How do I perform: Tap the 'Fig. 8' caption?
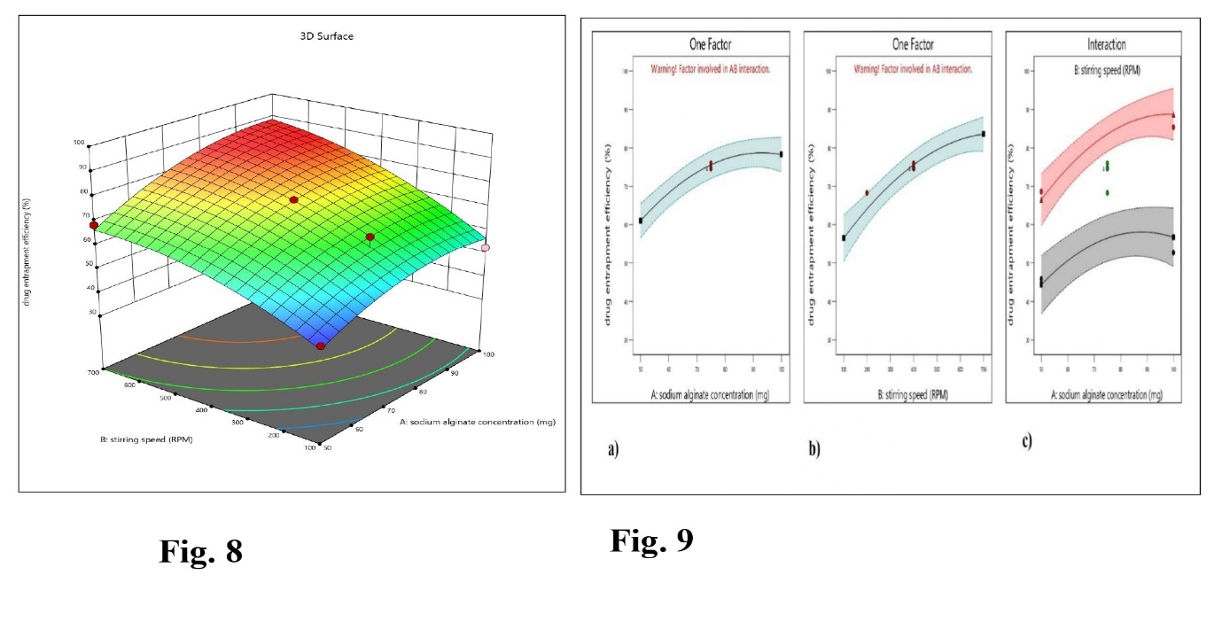[x=200, y=551]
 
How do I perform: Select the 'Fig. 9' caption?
[x=650, y=540]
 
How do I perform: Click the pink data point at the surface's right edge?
[x=486, y=248]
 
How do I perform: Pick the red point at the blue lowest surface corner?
[x=320, y=346]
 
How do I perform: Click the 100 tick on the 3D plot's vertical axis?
[x=79, y=142]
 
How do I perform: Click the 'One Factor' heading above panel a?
[x=710, y=43]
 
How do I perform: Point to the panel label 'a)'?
[x=612, y=449]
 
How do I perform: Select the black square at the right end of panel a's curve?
[x=781, y=154]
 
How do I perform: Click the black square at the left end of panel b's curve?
[x=844, y=238]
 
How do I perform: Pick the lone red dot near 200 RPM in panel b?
[x=867, y=192]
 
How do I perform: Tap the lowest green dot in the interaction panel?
[x=1107, y=192]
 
